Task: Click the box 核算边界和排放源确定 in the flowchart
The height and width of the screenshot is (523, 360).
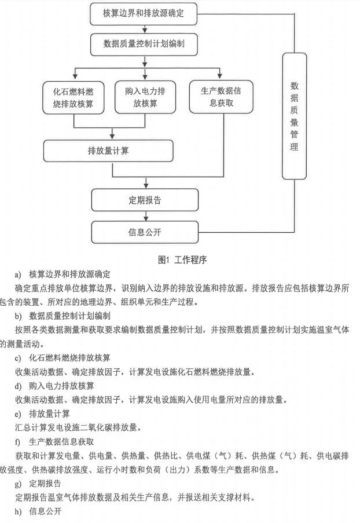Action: click(144, 13)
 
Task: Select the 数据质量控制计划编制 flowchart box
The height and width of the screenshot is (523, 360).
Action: click(144, 43)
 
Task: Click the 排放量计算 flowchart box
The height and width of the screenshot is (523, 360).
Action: click(108, 151)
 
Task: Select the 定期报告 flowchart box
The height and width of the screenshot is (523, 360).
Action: click(144, 200)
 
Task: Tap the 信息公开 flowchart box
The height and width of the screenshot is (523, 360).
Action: click(144, 232)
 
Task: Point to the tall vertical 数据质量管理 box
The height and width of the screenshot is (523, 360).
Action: click(294, 116)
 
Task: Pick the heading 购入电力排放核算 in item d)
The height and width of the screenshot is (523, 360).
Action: click(62, 385)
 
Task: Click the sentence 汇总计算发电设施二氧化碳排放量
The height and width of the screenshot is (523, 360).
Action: click(78, 427)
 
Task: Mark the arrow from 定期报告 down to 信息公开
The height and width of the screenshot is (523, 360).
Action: click(144, 216)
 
